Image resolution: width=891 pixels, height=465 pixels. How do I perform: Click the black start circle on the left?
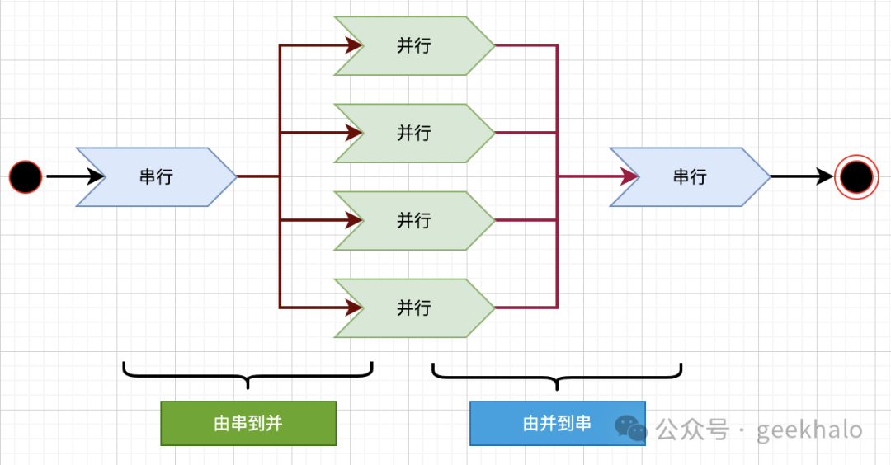(x=26, y=176)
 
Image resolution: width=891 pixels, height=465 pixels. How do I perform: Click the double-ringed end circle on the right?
(x=856, y=176)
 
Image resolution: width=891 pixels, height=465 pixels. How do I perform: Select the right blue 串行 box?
(x=690, y=176)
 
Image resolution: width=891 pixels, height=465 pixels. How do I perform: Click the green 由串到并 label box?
(x=248, y=423)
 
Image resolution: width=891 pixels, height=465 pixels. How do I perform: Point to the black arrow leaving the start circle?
(x=74, y=176)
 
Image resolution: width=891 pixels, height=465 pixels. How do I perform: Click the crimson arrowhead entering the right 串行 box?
(x=630, y=176)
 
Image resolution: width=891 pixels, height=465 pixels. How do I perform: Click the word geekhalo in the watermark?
(x=809, y=430)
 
